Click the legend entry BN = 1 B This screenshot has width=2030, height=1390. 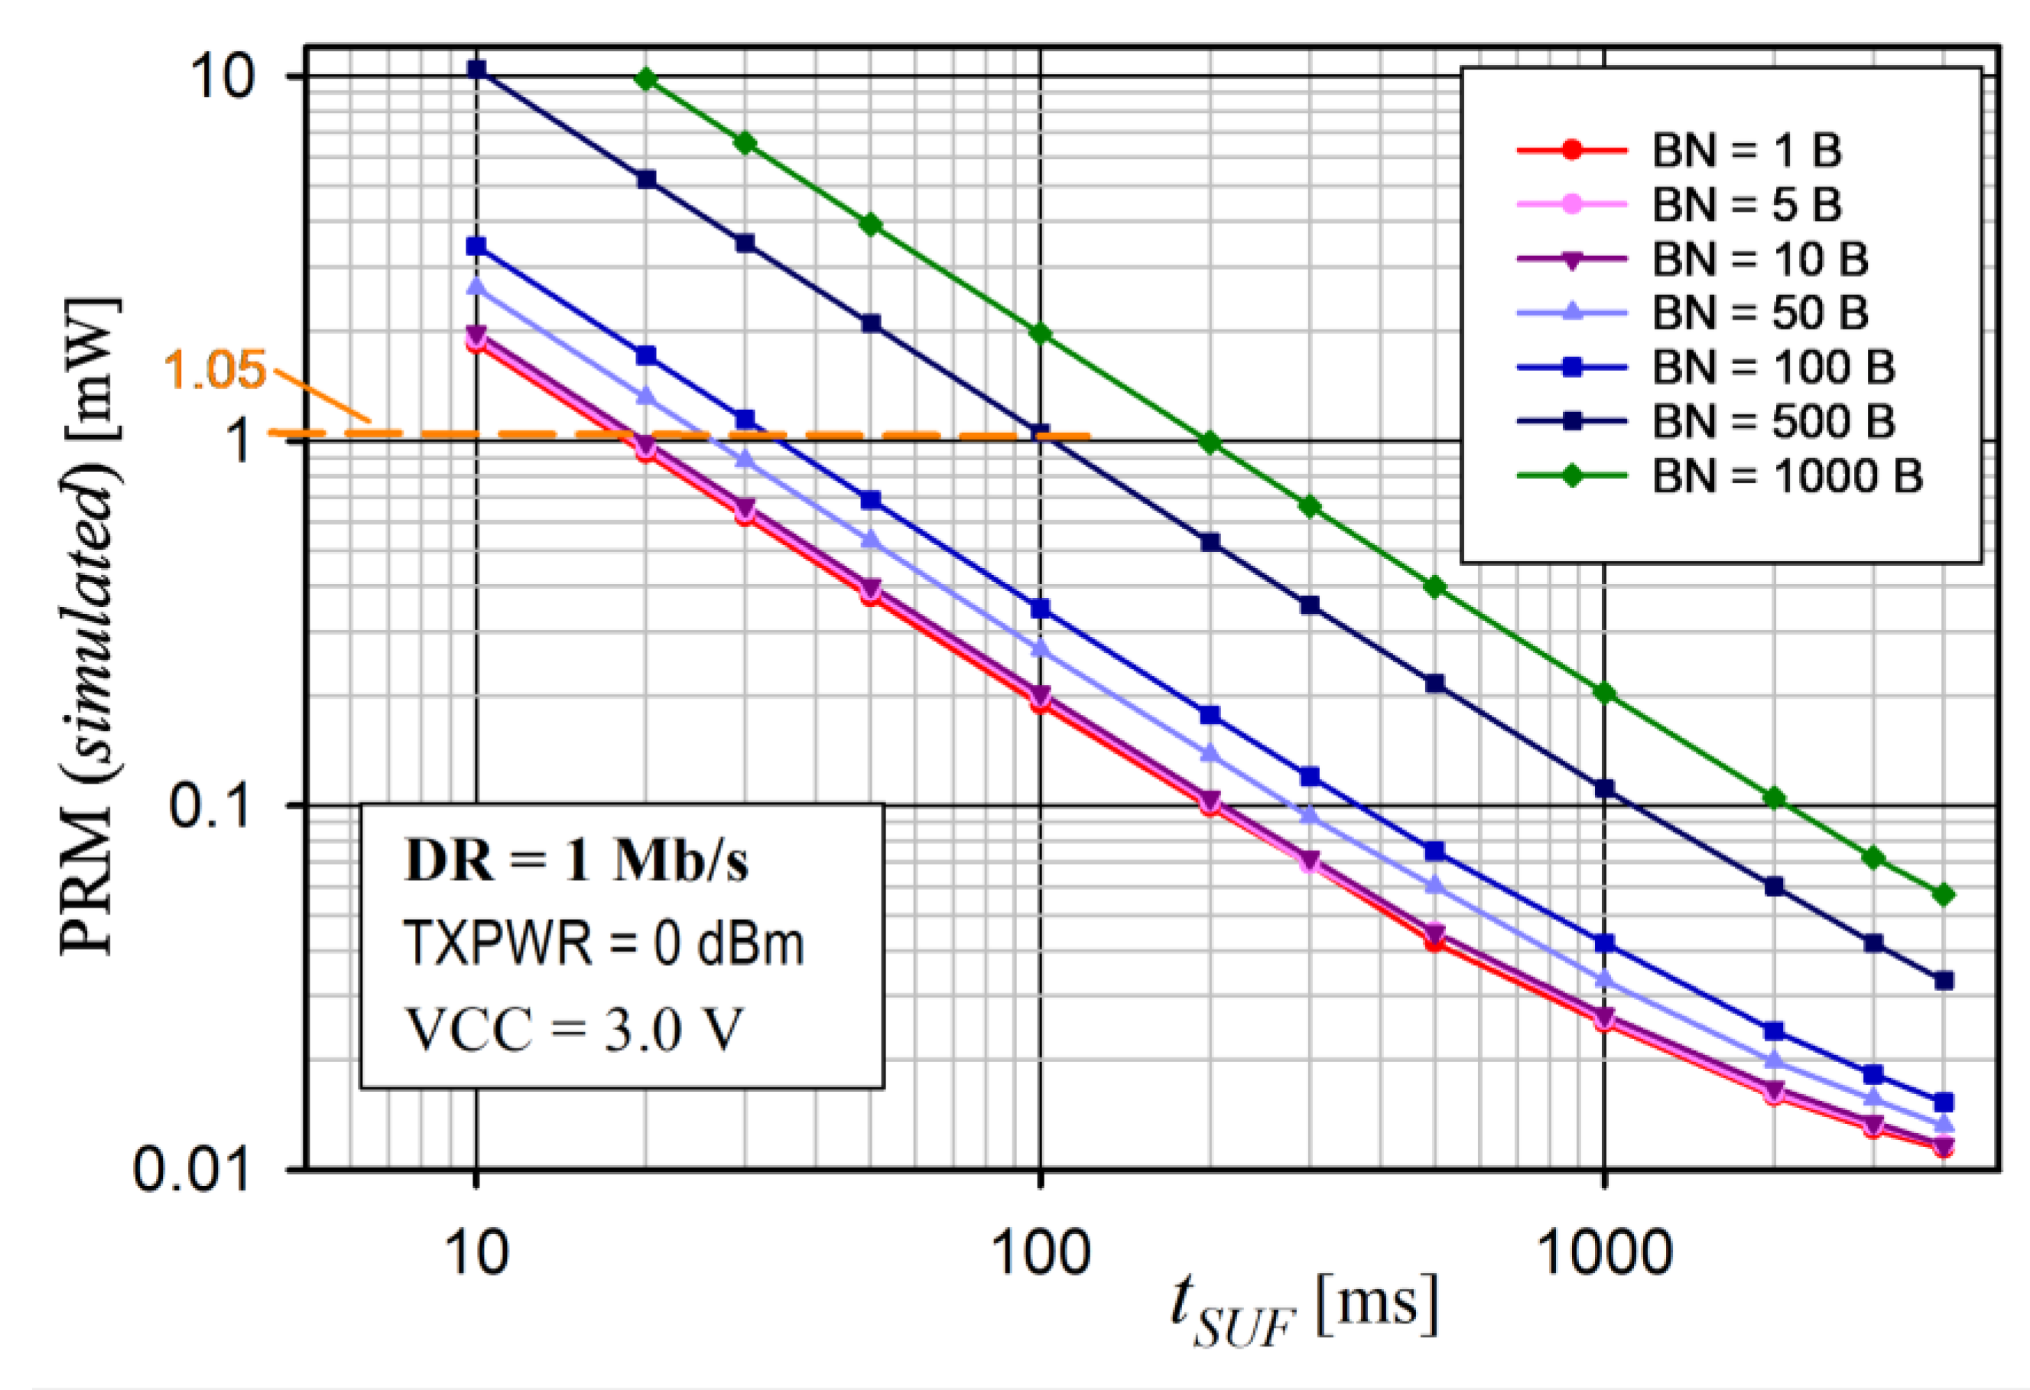click(x=1747, y=151)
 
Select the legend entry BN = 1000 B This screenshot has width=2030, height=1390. click(x=1786, y=476)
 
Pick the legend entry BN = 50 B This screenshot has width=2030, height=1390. click(x=1759, y=313)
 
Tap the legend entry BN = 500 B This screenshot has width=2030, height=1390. click(x=1772, y=421)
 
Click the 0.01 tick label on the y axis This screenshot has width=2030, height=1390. click(x=191, y=1169)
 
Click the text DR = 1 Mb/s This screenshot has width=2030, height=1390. click(x=577, y=862)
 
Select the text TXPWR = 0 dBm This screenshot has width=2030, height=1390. click(x=603, y=944)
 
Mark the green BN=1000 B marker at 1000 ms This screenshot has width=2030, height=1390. click(x=1603, y=693)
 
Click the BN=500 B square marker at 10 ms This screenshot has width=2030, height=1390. click(x=476, y=68)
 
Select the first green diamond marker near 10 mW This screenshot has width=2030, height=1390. click(x=646, y=80)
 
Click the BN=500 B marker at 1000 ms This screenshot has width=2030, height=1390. click(x=1603, y=789)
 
